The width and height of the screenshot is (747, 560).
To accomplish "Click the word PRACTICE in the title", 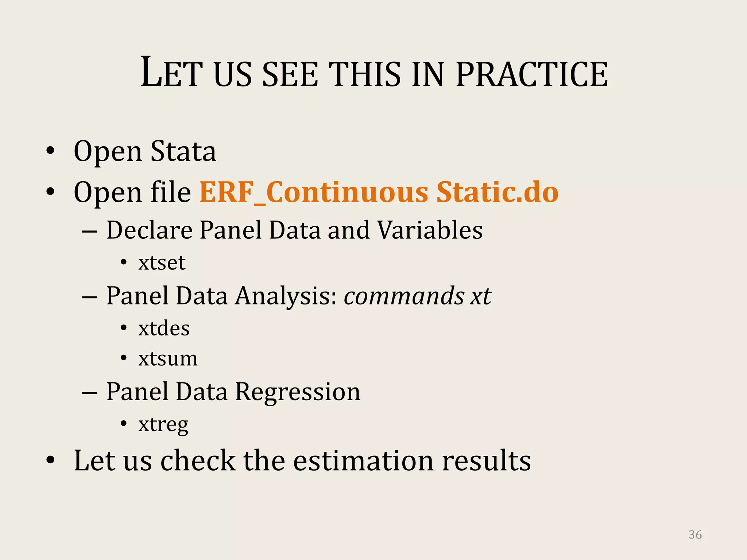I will pyautogui.click(x=532, y=74).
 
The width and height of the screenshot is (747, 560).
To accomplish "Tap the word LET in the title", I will pyautogui.click(x=171, y=73).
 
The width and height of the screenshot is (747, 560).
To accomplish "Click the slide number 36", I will pyautogui.click(x=695, y=534).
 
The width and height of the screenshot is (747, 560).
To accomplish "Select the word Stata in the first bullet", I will pyautogui.click(x=183, y=151).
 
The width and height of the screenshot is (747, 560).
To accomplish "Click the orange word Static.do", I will pyautogui.click(x=497, y=192).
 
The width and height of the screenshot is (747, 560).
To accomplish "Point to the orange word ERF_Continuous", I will pyautogui.click(x=314, y=192).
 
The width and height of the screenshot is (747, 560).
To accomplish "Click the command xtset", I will pyautogui.click(x=162, y=263).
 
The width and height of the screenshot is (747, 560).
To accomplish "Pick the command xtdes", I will pyautogui.click(x=164, y=328).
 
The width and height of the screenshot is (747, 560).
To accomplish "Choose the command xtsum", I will pyautogui.click(x=168, y=359).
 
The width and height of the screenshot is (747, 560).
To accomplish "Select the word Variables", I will pyautogui.click(x=430, y=230).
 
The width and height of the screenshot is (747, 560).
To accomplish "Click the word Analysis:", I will pyautogui.click(x=286, y=296).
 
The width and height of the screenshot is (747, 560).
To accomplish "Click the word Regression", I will pyautogui.click(x=297, y=392).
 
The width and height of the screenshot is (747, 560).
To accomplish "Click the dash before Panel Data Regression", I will pyautogui.click(x=90, y=393).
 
